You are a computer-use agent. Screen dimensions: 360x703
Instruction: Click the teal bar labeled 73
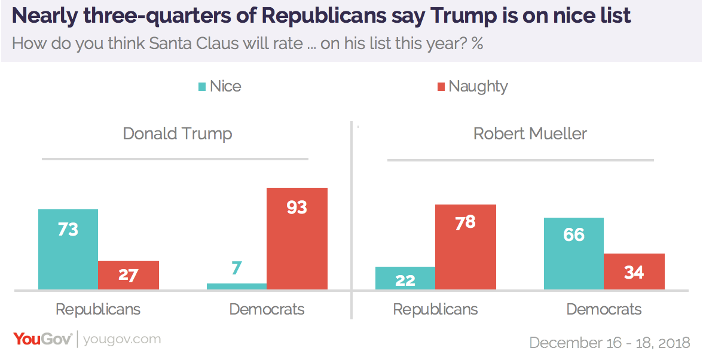point(68,249)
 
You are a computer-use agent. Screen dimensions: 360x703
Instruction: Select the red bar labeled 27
point(129,275)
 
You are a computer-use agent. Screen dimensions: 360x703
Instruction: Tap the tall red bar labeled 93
point(297,239)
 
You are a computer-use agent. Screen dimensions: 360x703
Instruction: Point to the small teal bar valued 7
point(237,286)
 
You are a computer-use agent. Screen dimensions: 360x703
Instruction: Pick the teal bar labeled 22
point(405,278)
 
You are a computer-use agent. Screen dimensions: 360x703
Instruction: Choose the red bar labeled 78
point(466,247)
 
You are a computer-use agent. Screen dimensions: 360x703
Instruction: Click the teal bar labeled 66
point(574,254)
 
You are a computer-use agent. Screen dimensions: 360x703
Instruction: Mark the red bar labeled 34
point(634,271)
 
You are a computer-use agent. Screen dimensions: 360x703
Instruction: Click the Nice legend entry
point(219,86)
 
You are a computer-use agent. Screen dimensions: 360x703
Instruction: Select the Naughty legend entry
point(472,86)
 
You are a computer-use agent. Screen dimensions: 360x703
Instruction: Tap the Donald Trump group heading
point(178,133)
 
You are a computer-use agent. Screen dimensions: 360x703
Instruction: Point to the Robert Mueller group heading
point(530,133)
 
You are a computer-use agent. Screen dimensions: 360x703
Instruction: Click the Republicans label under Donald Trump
point(98,309)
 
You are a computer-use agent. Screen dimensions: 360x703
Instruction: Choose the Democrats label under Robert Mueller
point(604,309)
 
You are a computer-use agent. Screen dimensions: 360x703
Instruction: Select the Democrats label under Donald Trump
point(267,309)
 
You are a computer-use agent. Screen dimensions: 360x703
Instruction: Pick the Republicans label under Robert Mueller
point(435,309)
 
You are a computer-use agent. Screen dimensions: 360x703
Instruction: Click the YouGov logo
point(42,339)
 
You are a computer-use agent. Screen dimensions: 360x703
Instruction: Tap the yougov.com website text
point(122,340)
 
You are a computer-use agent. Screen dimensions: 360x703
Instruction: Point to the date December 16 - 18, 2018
point(610,343)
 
